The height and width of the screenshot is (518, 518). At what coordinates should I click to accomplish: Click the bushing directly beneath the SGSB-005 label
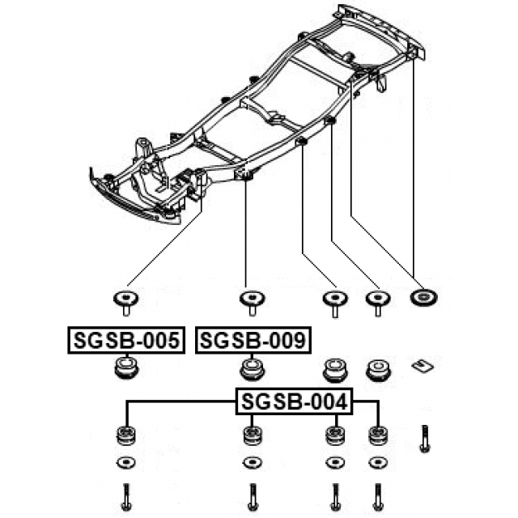click(x=125, y=371)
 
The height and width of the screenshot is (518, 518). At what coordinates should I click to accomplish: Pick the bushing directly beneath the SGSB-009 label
click(x=253, y=371)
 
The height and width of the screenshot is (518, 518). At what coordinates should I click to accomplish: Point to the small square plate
click(x=420, y=364)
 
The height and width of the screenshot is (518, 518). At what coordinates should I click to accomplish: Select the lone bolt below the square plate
click(x=422, y=438)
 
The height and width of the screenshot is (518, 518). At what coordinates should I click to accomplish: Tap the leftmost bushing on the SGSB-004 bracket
click(x=125, y=435)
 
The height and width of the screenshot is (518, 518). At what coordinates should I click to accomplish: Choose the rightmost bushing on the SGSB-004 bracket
click(x=376, y=435)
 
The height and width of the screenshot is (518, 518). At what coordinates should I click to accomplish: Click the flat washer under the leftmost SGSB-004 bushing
click(x=125, y=463)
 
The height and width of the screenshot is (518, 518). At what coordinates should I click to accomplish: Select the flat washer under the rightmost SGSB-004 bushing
click(x=376, y=463)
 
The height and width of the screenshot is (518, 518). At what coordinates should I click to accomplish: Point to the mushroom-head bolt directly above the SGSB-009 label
click(x=252, y=301)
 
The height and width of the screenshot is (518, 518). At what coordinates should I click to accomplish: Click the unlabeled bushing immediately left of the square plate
click(x=376, y=371)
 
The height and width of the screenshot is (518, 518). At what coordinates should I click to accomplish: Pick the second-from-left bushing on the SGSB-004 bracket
click(x=252, y=435)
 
